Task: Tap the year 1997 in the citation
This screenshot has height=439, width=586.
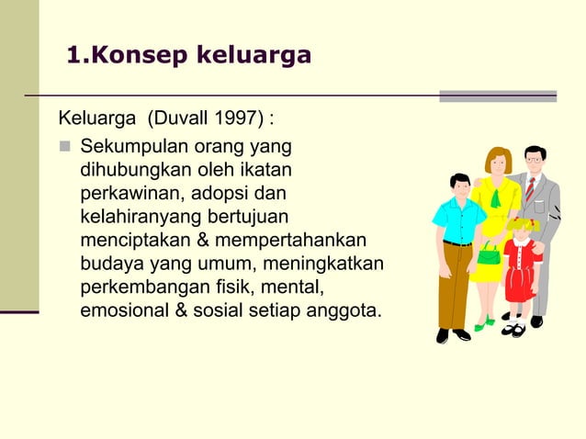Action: point(234,119)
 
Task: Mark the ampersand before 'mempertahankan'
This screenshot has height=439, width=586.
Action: point(203,242)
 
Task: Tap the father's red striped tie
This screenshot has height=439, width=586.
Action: point(530,189)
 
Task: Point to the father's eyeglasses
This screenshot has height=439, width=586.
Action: point(533,161)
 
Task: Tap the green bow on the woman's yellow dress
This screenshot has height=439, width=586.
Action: point(496,195)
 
